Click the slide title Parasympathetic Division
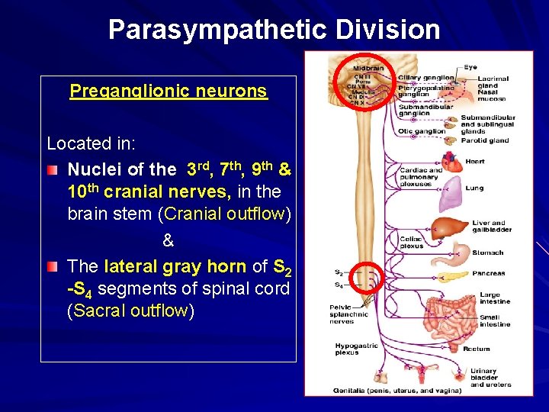(274, 30)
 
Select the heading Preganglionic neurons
(168, 92)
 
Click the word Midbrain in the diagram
(369, 68)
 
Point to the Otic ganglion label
(422, 131)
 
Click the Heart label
(475, 162)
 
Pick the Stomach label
(487, 253)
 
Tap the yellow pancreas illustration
(450, 275)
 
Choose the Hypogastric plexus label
(356, 349)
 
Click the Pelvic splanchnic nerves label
(348, 314)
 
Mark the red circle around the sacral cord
(365, 280)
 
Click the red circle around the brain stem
(364, 80)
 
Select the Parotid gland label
(484, 140)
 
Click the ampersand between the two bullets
(169, 241)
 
